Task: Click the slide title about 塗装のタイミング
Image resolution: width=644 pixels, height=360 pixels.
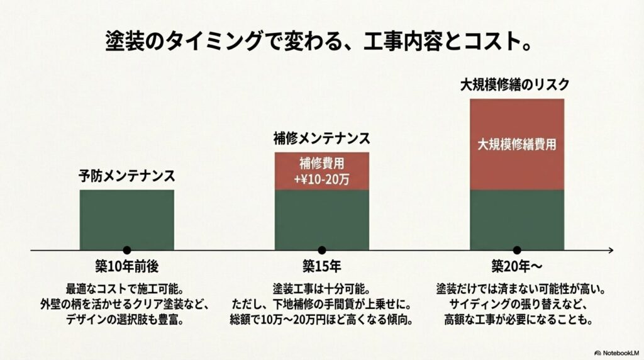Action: [x=321, y=43]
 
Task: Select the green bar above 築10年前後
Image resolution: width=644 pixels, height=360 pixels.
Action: [x=127, y=219]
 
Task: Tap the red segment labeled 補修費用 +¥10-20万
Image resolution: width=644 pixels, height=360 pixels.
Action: [x=321, y=171]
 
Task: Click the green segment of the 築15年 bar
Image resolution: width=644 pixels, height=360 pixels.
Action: [x=321, y=219]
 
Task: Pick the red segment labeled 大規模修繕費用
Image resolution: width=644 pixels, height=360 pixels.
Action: [x=516, y=144]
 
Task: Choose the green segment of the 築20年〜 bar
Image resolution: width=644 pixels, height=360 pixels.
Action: [x=516, y=219]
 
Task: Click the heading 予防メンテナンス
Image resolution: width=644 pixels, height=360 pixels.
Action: [x=126, y=176]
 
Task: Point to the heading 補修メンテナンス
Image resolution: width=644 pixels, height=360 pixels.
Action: [x=321, y=138]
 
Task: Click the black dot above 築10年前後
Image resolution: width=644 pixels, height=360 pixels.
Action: [x=127, y=250]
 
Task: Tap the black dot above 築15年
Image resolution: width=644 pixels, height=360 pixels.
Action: [x=322, y=250]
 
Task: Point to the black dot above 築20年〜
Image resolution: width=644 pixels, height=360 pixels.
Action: [x=517, y=250]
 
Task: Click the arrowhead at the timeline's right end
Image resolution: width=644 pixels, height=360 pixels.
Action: [x=609, y=250]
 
